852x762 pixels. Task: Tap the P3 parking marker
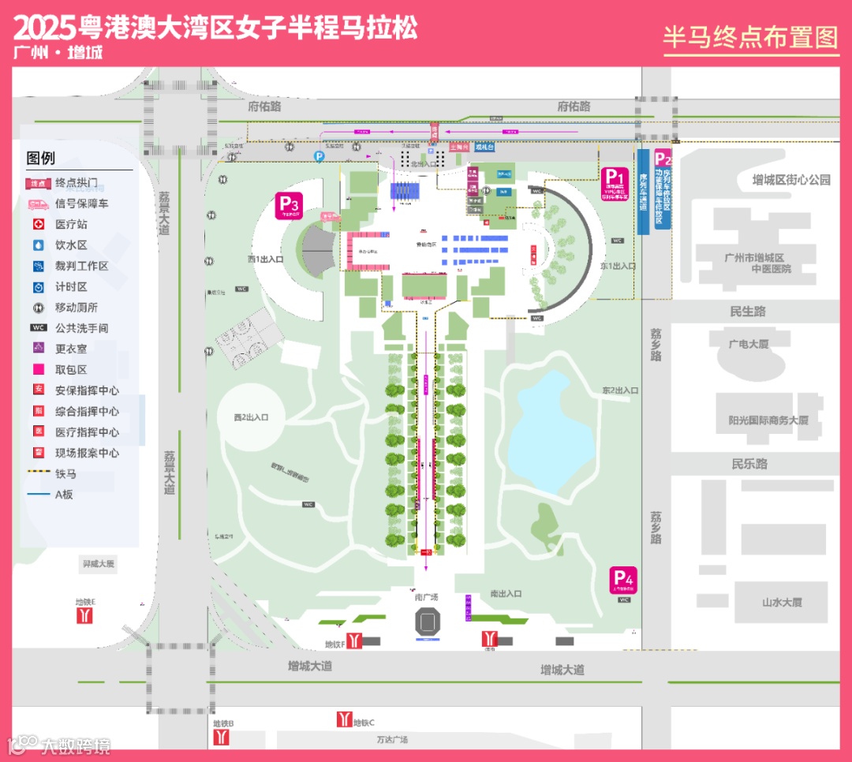(x=288, y=204)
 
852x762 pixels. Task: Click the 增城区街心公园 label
(x=790, y=180)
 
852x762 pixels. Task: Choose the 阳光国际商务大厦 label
(x=768, y=420)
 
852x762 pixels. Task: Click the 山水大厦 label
(x=781, y=602)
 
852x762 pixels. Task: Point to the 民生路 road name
(x=748, y=312)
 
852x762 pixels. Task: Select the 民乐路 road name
(x=749, y=464)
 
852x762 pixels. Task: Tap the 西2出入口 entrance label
(x=251, y=417)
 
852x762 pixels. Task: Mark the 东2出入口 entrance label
(x=620, y=390)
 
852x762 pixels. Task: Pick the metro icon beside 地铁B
(x=222, y=737)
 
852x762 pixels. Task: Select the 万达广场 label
(x=392, y=740)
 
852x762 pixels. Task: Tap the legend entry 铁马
(x=65, y=474)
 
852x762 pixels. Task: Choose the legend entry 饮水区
(x=71, y=245)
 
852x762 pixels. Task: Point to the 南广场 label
(x=427, y=597)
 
